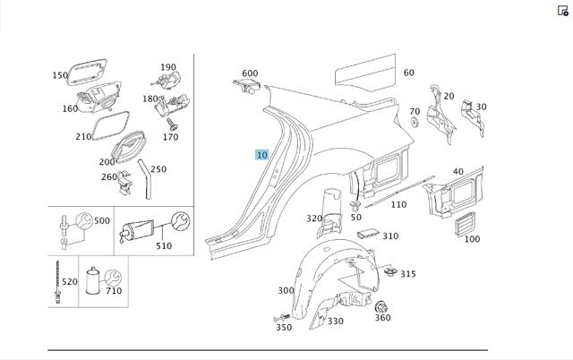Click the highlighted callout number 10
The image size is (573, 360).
[x=261, y=155]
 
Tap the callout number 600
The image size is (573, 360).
[x=250, y=73]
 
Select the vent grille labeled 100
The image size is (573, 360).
[x=465, y=224]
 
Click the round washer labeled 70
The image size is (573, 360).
[x=415, y=122]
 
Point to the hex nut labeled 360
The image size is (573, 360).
[x=381, y=307]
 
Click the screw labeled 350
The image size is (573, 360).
[x=281, y=318]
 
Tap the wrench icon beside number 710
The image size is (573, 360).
[x=113, y=279]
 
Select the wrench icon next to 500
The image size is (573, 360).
[x=84, y=221]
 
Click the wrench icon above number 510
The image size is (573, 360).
[x=181, y=221]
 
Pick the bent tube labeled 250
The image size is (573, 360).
[x=145, y=178]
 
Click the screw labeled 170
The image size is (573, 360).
[x=172, y=124]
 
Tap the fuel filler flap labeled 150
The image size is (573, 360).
[x=87, y=72]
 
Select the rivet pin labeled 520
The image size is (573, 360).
[x=57, y=282]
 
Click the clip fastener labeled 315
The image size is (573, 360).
[x=390, y=271]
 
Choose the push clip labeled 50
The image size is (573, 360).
[x=355, y=205]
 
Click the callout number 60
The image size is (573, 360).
[x=409, y=73]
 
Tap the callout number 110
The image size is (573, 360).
[x=398, y=205]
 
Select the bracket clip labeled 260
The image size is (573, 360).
[x=125, y=183]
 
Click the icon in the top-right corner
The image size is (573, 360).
[x=563, y=11]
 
